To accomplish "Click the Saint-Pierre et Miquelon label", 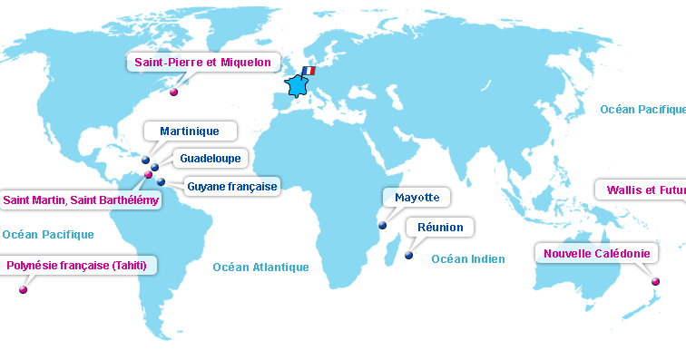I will pyautogui.click(x=202, y=63).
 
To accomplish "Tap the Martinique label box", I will pyautogui.click(x=189, y=131).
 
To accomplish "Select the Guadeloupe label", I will pyautogui.click(x=210, y=158).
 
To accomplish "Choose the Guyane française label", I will pyautogui.click(x=231, y=186).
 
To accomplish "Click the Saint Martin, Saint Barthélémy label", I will pyautogui.click(x=81, y=199).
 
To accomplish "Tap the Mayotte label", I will pyautogui.click(x=416, y=197).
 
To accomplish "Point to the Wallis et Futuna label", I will pyautogui.click(x=641, y=190).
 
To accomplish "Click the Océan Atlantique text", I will pyautogui.click(x=260, y=267).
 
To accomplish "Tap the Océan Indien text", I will pyautogui.click(x=467, y=259).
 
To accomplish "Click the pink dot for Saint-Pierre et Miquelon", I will pyautogui.click(x=173, y=92).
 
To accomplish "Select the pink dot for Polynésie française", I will pyautogui.click(x=23, y=290).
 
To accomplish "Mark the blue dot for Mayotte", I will pyautogui.click(x=382, y=225).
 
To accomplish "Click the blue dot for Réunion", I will pyautogui.click(x=409, y=256).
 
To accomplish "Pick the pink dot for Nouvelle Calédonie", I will pyautogui.click(x=655, y=282).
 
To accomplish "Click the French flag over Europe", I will pyautogui.click(x=308, y=71).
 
